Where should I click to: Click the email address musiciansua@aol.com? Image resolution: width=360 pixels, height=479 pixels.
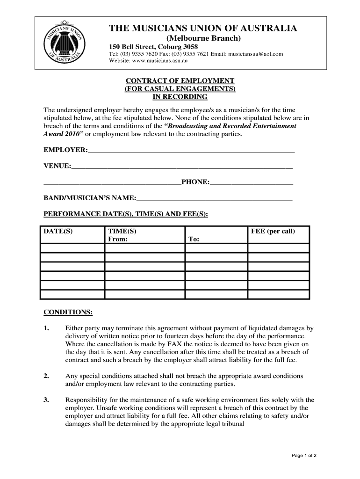pyautogui.click(x=256, y=54)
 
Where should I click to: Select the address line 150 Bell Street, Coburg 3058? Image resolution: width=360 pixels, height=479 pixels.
pyautogui.click(x=153, y=47)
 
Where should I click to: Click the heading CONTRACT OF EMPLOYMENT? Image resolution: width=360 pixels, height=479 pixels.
pyautogui.click(x=180, y=81)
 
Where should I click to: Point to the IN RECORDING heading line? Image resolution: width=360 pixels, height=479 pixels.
pyautogui.click(x=180, y=97)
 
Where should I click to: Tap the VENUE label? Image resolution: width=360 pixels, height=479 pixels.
pyautogui.click(x=57, y=166)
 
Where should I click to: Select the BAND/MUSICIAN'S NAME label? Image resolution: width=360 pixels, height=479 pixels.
pyautogui.click(x=89, y=198)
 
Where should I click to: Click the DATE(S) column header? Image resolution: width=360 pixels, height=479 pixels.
pyautogui.click(x=58, y=232)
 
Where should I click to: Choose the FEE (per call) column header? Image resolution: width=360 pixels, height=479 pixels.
pyautogui.click(x=273, y=232)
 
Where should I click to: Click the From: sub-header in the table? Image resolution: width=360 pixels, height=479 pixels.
pyautogui.click(x=117, y=239)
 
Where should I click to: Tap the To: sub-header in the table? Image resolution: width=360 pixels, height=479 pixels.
pyautogui.click(x=194, y=239)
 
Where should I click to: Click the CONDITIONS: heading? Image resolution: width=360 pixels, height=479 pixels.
pyautogui.click(x=68, y=312)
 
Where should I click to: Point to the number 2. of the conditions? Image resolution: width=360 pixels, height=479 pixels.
pyautogui.click(x=46, y=376)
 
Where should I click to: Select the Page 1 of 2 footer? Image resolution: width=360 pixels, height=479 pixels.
pyautogui.click(x=304, y=455)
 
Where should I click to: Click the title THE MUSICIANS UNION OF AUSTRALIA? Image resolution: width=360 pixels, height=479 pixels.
pyautogui.click(x=203, y=29)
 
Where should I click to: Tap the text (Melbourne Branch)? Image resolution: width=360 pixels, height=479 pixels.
pyautogui.click(x=203, y=38)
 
